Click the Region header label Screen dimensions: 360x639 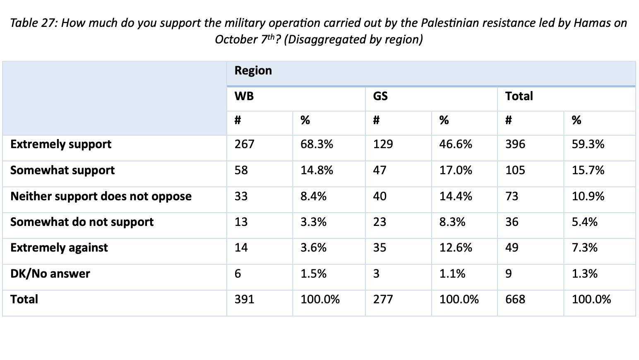tap(253, 71)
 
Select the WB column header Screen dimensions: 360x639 tap(244, 96)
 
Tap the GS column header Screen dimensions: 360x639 tap(380, 96)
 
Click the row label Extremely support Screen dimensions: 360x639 tap(61, 144)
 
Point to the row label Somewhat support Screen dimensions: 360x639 tap(62, 170)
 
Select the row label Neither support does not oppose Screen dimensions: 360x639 tap(101, 196)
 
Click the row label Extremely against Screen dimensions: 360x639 tap(59, 248)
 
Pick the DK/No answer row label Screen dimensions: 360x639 tap(50, 274)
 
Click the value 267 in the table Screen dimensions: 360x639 tap(244, 144)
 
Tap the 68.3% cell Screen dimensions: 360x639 tap(317, 144)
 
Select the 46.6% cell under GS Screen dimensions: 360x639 tap(456, 144)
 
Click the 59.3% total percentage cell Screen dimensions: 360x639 tap(588, 144)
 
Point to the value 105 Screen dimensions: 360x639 tap(515, 170)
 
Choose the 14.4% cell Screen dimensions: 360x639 tap(456, 196)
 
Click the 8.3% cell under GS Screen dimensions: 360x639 tap(452, 222)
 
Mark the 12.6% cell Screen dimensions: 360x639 tap(456, 248)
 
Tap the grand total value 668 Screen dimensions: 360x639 tap(515, 300)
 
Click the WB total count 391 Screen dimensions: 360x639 tap(244, 300)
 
